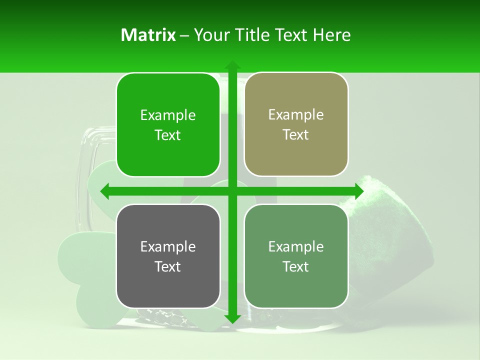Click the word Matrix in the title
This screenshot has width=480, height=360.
click(x=148, y=35)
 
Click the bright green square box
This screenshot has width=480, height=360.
click(x=168, y=125)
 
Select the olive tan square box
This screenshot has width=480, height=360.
click(x=296, y=124)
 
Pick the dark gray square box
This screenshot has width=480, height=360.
click(x=168, y=256)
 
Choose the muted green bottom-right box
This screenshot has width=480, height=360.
click(x=296, y=256)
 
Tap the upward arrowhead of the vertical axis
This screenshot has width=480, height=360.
click(x=232, y=65)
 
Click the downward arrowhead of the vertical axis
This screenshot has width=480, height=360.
click(x=232, y=319)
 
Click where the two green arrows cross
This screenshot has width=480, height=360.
click(x=232, y=191)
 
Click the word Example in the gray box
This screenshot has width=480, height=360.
click(x=168, y=247)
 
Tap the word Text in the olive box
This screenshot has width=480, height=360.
click(x=296, y=135)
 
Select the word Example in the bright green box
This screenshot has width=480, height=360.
click(x=168, y=115)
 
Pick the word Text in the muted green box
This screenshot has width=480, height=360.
click(x=296, y=267)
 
